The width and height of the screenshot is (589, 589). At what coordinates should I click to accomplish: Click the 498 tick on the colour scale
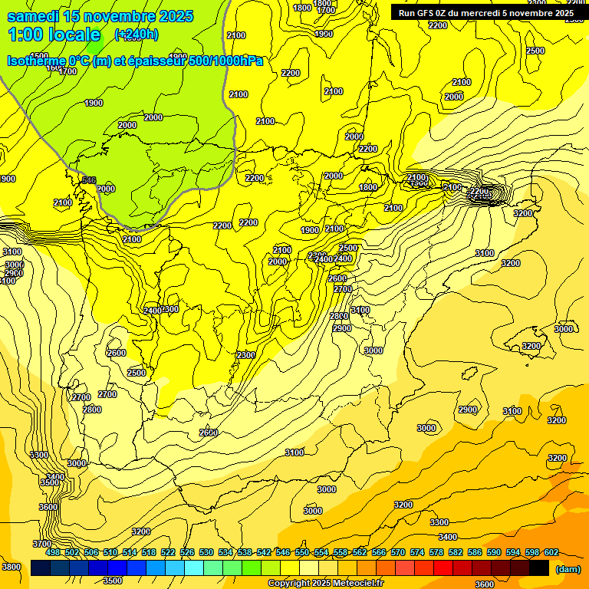(x=53, y=552)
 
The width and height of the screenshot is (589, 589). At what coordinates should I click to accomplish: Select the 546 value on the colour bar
(x=283, y=552)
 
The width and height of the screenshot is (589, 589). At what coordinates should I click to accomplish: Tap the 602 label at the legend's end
(x=551, y=552)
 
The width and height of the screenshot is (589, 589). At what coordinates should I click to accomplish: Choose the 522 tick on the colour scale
(x=168, y=552)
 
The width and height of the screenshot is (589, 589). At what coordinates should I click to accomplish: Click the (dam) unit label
(x=568, y=569)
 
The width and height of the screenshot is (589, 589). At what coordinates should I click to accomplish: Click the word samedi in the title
(x=34, y=16)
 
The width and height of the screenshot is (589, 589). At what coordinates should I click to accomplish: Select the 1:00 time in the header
(x=26, y=35)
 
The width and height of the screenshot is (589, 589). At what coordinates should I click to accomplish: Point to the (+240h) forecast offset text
(x=137, y=35)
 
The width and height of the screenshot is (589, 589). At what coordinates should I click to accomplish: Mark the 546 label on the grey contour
(x=89, y=180)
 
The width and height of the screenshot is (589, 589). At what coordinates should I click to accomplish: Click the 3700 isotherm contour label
(x=42, y=544)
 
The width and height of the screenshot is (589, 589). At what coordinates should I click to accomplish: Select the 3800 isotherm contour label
(x=12, y=567)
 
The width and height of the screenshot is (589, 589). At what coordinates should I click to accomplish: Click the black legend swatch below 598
(x=539, y=568)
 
